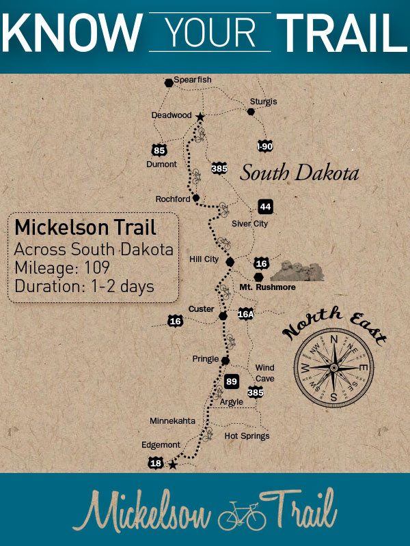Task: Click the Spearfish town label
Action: coord(192,80)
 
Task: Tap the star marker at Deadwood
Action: coord(200,117)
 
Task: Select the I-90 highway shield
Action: coord(264,146)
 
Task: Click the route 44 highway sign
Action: coord(265,207)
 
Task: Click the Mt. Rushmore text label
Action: coord(267,288)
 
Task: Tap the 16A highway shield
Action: coord(245,314)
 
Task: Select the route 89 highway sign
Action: coord(232,381)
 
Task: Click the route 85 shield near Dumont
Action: coord(159,150)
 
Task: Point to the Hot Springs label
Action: coord(247,435)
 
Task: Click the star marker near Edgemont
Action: coord(172,465)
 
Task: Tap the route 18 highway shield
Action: coord(155,463)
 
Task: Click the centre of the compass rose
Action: coord(333,367)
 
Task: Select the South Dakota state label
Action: coord(299,173)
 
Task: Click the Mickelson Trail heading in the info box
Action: coord(85,227)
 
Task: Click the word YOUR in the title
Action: coord(210,31)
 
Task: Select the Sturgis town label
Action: coord(264,101)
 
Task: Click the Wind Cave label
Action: coord(265,373)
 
